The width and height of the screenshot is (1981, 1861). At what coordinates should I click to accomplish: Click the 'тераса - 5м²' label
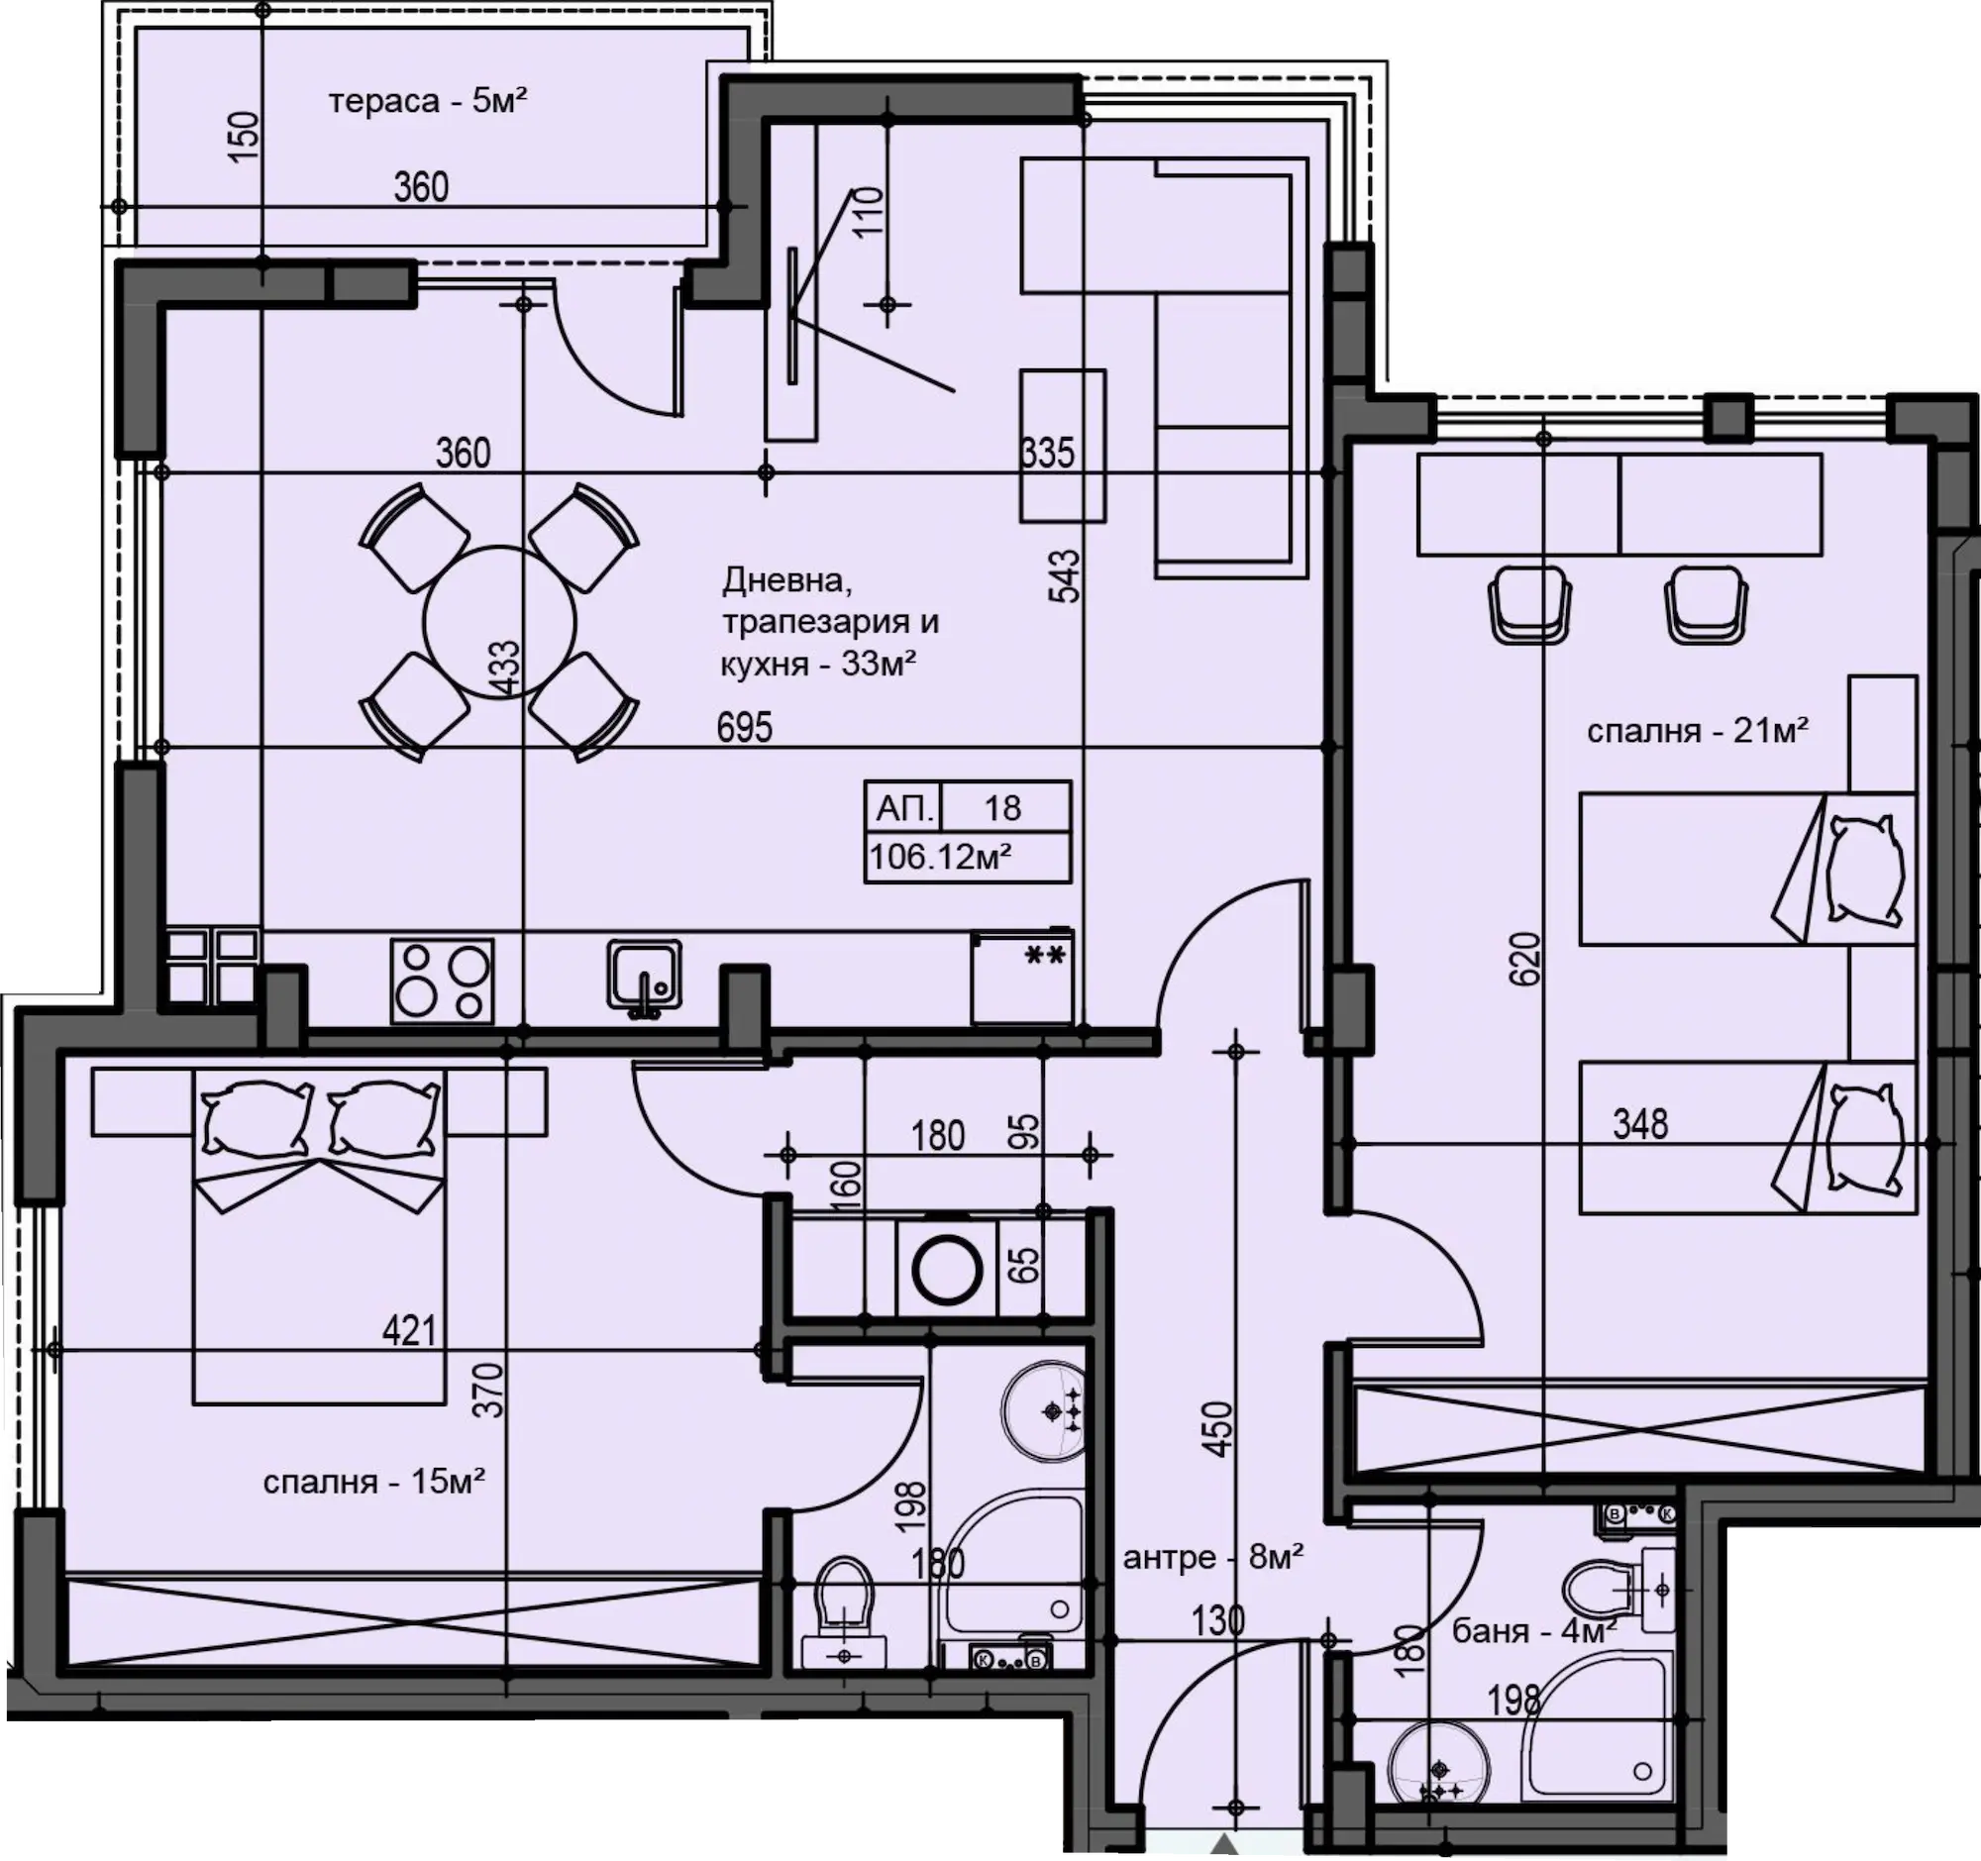pos(428,101)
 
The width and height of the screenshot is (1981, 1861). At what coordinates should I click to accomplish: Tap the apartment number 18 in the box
pos(1002,807)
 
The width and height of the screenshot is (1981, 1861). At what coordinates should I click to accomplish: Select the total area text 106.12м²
pos(941,856)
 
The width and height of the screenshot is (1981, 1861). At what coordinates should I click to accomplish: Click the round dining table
pos(499,623)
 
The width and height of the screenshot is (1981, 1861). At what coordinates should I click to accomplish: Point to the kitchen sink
pos(645,979)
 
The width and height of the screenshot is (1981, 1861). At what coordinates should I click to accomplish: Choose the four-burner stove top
pos(443,981)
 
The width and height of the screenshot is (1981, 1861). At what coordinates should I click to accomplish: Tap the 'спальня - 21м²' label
pos(1698,732)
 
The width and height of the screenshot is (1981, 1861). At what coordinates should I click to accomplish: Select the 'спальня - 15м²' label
pos(373,1482)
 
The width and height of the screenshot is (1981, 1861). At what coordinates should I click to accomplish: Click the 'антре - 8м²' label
pos(1213,1556)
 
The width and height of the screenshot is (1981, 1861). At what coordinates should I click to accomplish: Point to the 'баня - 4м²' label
pos(1533,1631)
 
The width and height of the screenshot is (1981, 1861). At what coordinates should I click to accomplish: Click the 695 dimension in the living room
pos(745,727)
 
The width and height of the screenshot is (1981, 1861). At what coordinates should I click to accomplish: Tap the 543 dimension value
pos(1064,575)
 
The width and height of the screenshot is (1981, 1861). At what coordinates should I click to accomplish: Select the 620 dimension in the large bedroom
pos(1525,959)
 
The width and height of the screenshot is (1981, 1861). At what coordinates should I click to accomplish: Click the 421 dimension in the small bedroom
pos(409,1330)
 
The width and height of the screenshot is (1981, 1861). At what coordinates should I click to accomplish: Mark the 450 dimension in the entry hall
pos(1217,1429)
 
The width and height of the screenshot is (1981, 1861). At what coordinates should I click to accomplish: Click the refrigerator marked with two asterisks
pos(1022,978)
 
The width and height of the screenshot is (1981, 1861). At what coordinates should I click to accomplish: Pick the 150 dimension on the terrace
pos(244,130)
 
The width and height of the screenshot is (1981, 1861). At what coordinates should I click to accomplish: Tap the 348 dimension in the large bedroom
pos(1640,1125)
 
